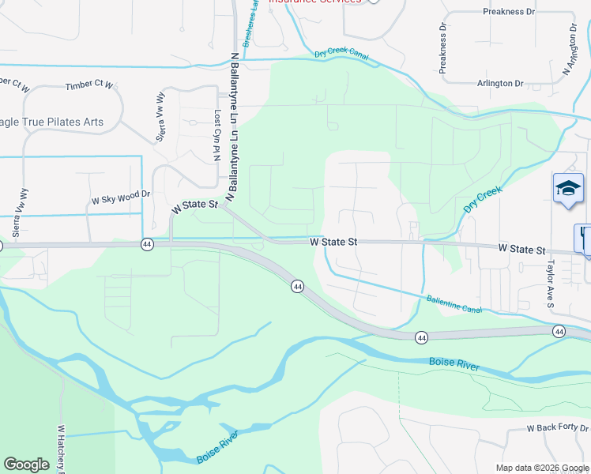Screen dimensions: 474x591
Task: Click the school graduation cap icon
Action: (x=568, y=189)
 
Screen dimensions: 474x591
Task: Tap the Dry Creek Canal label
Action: (x=341, y=54)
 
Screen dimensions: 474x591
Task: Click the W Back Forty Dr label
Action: (x=558, y=428)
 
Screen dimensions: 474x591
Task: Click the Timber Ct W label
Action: (x=90, y=85)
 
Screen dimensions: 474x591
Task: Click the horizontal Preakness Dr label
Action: (x=508, y=13)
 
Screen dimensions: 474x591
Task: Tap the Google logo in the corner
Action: (x=26, y=465)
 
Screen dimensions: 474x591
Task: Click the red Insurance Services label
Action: (x=315, y=2)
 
